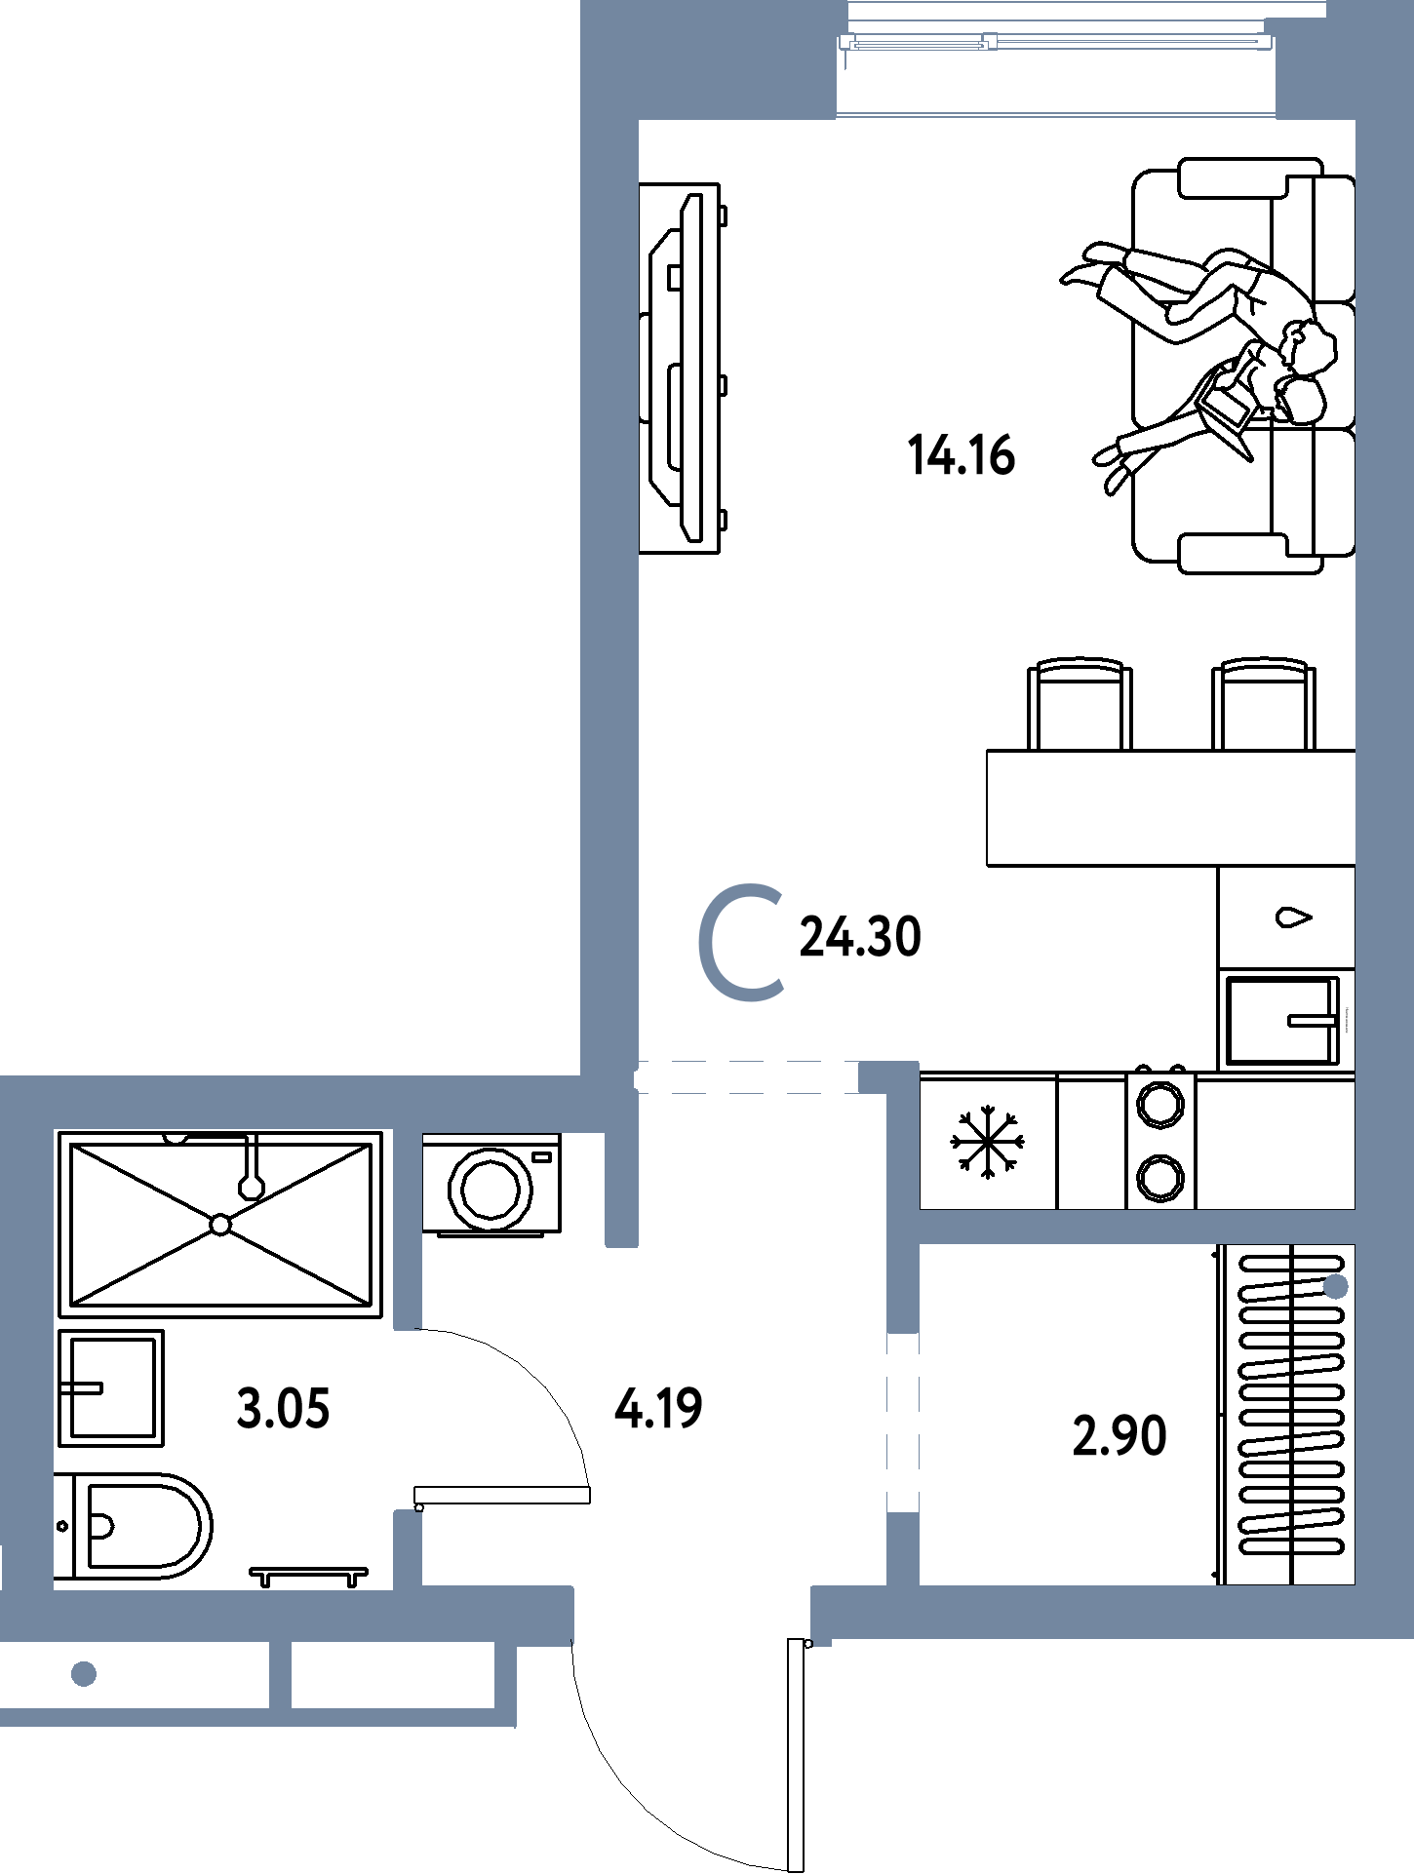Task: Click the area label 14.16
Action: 961,455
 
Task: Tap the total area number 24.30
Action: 860,937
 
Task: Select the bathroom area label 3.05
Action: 283,1409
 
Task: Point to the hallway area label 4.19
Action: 658,1409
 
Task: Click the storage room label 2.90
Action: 1119,1436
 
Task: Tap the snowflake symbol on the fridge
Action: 988,1142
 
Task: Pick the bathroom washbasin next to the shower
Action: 110,1387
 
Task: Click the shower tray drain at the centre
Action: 220,1225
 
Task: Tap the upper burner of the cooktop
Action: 1160,1105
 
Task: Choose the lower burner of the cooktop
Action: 1160,1176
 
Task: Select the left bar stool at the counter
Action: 1080,704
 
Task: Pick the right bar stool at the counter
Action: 1264,704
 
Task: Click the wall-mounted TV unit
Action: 682,369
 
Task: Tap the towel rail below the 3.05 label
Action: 308,1576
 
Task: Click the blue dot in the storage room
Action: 1336,1287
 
